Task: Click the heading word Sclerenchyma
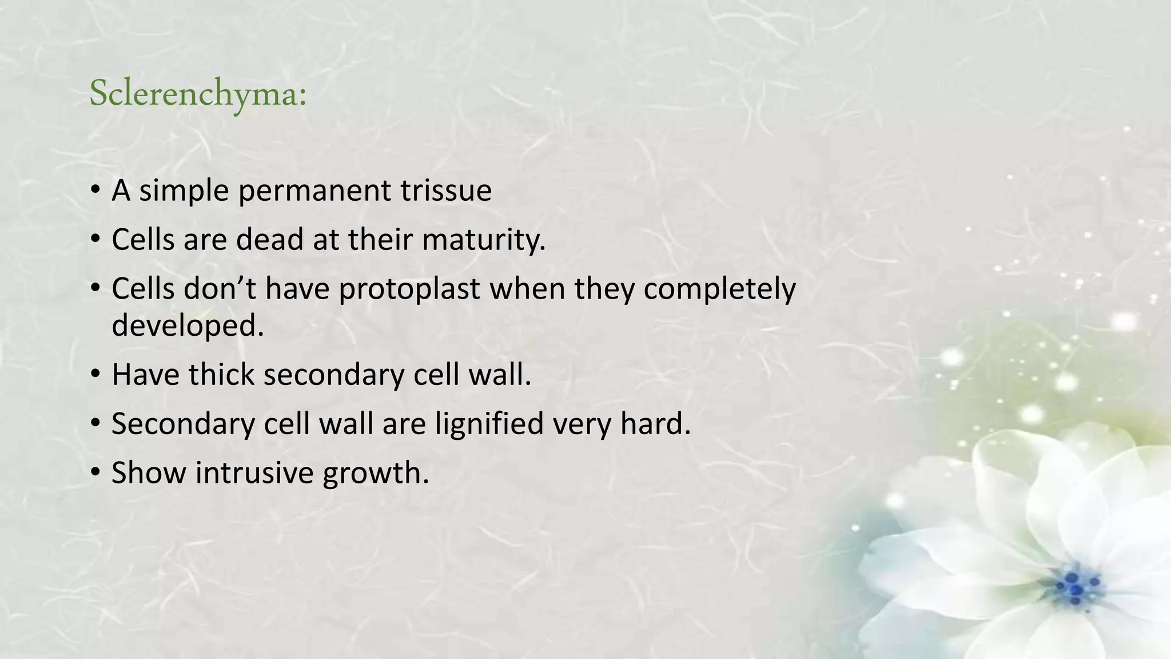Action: point(198,93)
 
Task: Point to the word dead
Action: point(269,239)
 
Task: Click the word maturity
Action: point(484,240)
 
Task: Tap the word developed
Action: point(188,326)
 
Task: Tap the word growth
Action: point(375,474)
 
